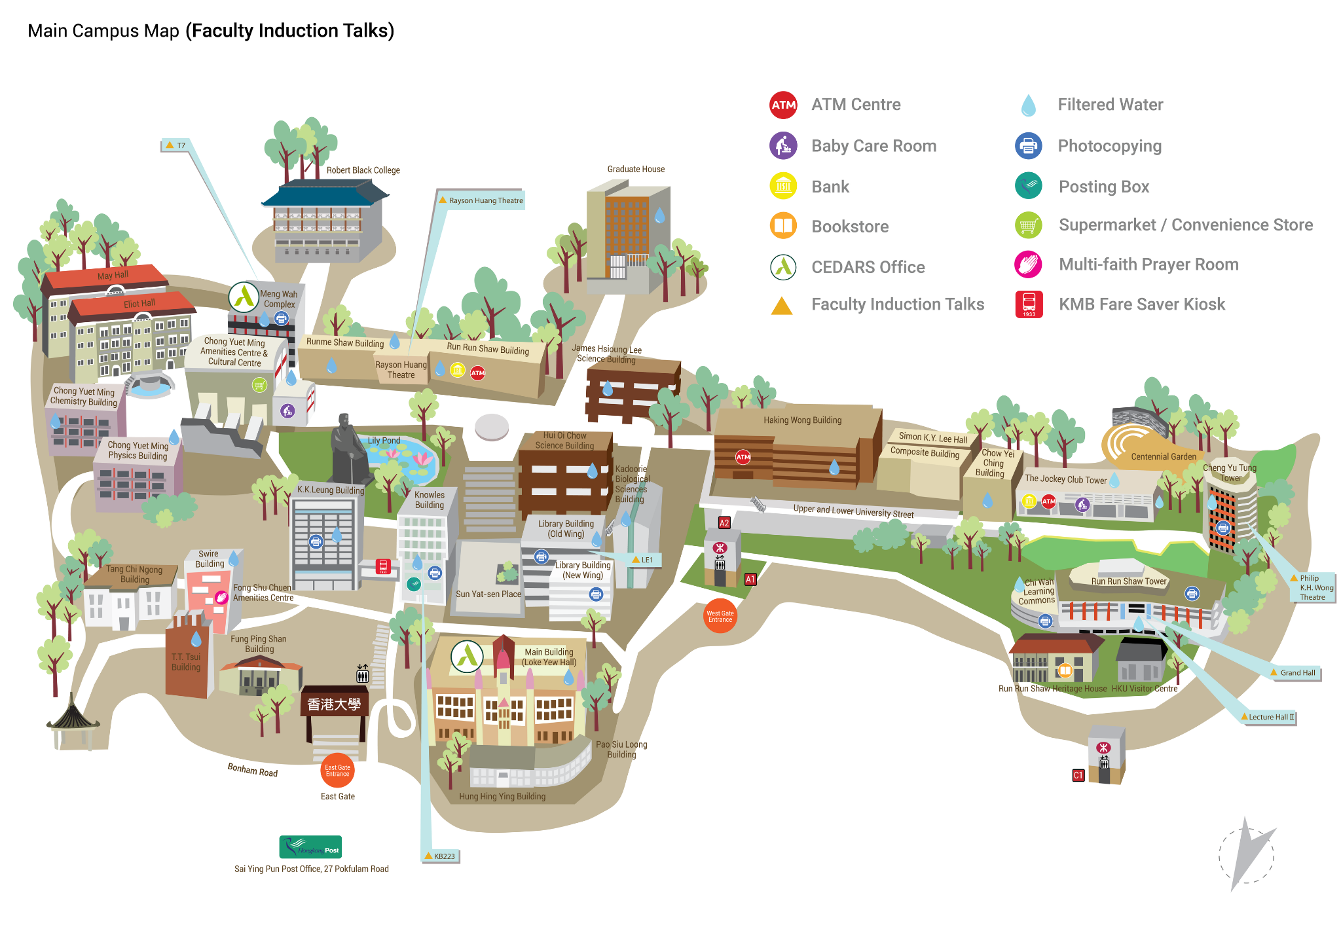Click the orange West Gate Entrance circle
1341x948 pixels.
(720, 616)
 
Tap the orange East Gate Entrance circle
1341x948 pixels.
(337, 771)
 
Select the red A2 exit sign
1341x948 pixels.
(724, 522)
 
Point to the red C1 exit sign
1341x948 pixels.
(1078, 775)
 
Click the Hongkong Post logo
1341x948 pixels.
(310, 847)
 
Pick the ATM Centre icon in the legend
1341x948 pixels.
(783, 105)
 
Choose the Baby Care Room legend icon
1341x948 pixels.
(783, 145)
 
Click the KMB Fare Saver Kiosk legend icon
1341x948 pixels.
(1029, 304)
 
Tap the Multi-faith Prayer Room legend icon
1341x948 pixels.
(1029, 264)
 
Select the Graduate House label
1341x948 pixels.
(636, 169)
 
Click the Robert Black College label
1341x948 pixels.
(363, 170)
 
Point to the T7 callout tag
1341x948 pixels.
(175, 145)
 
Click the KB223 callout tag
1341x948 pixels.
(440, 856)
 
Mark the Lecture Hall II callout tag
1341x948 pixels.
(1268, 717)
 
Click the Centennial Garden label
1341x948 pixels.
(1164, 456)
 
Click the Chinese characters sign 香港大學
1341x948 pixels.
(334, 704)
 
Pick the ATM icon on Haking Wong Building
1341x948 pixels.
(743, 457)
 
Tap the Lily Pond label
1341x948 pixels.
(384, 441)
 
